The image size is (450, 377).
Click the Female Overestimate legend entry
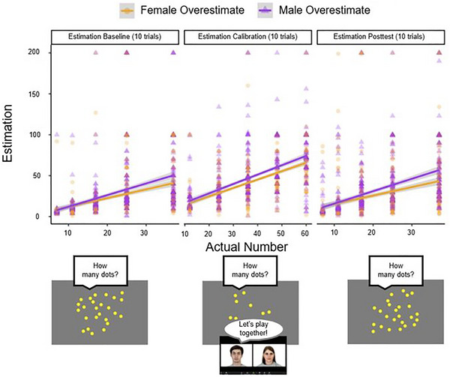(182, 10)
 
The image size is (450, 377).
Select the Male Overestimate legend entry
(313, 10)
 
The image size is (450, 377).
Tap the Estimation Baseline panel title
(115, 37)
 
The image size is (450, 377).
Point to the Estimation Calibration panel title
(247, 37)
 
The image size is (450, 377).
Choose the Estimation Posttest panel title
(379, 37)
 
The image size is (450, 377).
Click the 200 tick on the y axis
(34, 52)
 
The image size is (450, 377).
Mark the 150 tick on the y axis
(34, 94)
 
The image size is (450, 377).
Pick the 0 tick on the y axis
(37, 217)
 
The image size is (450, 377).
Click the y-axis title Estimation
(7, 133)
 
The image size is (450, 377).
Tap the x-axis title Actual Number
(247, 247)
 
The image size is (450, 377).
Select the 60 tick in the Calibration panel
(304, 233)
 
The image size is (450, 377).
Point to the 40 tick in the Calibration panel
(256, 233)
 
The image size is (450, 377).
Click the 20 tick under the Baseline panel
(107, 232)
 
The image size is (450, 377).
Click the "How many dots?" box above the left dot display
(100, 271)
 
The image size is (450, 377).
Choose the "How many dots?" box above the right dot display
(396, 270)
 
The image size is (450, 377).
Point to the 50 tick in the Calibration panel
(280, 233)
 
